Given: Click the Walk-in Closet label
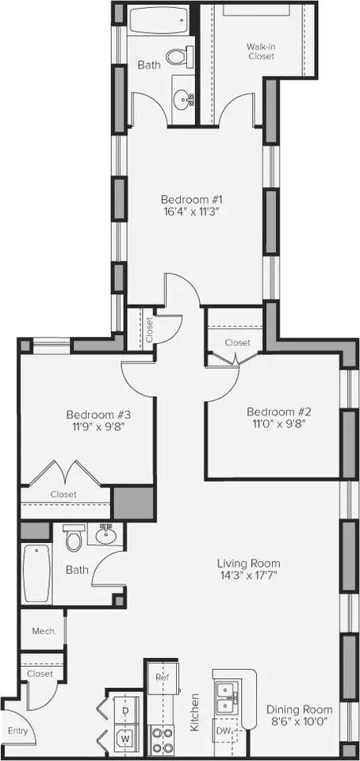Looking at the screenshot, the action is pos(261,52).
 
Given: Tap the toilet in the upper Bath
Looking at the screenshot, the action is pos(179,57).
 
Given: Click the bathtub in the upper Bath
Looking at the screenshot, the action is pos(159,21).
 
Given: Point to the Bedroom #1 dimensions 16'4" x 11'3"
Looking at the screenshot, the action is pos(192,212).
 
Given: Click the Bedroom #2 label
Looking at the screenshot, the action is pos(278,412).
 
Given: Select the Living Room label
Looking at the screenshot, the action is pos(248,564).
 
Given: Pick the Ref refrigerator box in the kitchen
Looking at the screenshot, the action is pos(163,678).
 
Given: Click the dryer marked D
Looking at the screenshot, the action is pos(125,710).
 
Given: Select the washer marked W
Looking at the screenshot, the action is pos(125,739).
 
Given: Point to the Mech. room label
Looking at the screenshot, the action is pos(44,632).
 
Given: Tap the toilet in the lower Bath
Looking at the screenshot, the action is pos(75,537).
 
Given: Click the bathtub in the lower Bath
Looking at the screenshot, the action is pos(37,574).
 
